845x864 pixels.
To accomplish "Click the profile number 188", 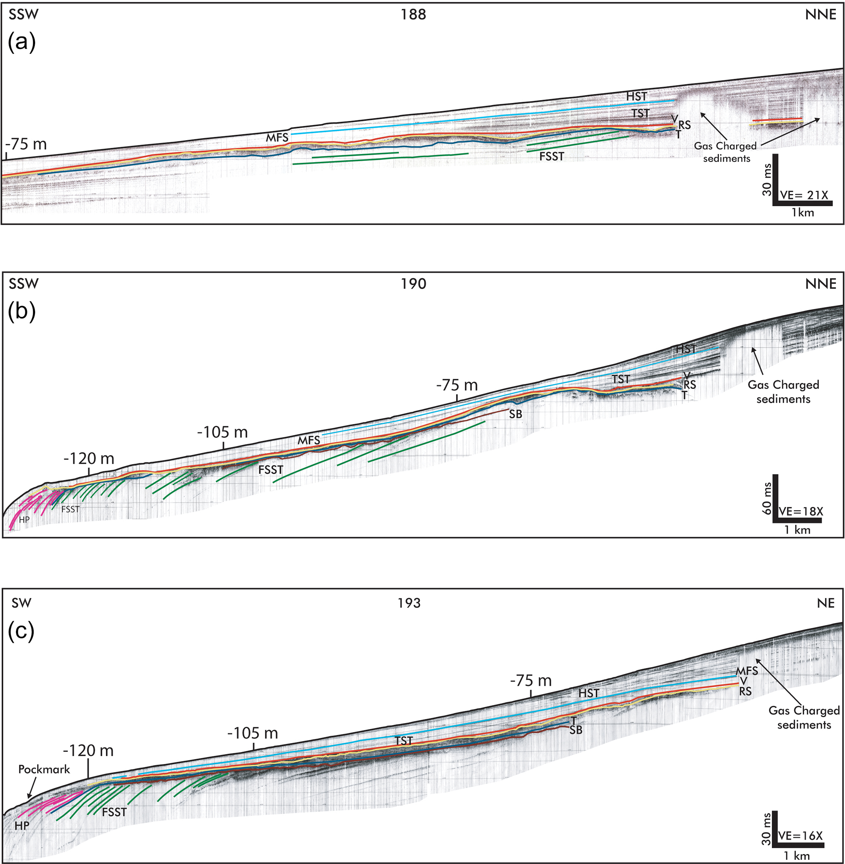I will pyautogui.click(x=413, y=15).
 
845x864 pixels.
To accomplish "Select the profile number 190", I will pyautogui.click(x=413, y=284).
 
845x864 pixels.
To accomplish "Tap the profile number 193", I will pyautogui.click(x=409, y=603).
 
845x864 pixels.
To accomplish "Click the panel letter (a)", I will pyautogui.click(x=22, y=42).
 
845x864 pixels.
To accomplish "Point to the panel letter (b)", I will pyautogui.click(x=22, y=312).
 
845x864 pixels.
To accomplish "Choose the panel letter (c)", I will pyautogui.click(x=21, y=631).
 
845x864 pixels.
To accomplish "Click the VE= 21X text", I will pyautogui.click(x=803, y=195).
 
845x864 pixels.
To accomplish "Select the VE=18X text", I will pyautogui.click(x=800, y=511).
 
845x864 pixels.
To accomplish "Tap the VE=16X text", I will pyautogui.click(x=800, y=836).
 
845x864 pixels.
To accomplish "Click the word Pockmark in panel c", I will pyautogui.click(x=44, y=769).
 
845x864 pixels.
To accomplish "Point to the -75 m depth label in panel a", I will pyautogui.click(x=26, y=144).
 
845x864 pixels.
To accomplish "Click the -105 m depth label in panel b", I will pyautogui.click(x=222, y=432).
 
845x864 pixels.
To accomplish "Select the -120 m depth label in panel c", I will pyautogui.click(x=88, y=750).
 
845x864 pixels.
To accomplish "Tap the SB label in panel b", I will pyautogui.click(x=515, y=415).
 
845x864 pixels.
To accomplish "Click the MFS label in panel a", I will pyautogui.click(x=277, y=138).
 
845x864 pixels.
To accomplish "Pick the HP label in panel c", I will pyautogui.click(x=22, y=826).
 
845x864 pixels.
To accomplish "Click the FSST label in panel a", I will pyautogui.click(x=551, y=156).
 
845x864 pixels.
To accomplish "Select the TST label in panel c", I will pyautogui.click(x=403, y=741).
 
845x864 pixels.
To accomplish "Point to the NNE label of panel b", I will pyautogui.click(x=820, y=284).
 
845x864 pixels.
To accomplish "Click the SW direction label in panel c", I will pyautogui.click(x=21, y=603).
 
